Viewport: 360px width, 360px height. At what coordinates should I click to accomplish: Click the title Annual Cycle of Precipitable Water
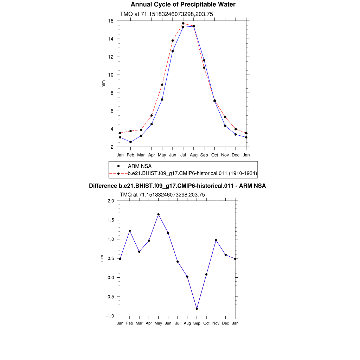click(x=183, y=5)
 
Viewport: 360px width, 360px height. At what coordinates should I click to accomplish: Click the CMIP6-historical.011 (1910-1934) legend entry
click(x=192, y=173)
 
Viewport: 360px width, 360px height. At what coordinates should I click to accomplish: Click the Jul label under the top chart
click(x=183, y=155)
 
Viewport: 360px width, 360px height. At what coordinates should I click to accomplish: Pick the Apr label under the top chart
click(x=152, y=155)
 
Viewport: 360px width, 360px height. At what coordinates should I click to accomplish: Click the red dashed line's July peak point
click(x=183, y=24)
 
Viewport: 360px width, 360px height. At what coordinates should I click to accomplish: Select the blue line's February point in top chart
click(x=130, y=142)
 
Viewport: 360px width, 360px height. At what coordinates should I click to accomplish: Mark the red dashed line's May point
click(x=162, y=84)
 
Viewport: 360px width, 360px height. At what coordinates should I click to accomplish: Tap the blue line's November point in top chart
click(x=225, y=126)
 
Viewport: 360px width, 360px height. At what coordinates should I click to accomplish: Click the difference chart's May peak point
click(x=159, y=214)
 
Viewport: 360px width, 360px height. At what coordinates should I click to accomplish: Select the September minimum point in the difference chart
click(x=197, y=309)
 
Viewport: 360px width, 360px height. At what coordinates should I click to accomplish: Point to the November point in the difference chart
click(x=216, y=240)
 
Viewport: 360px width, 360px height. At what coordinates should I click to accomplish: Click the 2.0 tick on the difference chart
click(x=111, y=201)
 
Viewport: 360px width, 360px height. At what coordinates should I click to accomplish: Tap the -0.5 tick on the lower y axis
click(x=110, y=297)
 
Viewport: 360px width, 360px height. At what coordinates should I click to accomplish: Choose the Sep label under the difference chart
click(x=197, y=323)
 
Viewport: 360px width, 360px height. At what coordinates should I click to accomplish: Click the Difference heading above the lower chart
click(x=177, y=186)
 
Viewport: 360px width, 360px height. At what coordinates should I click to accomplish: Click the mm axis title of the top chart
click(x=103, y=84)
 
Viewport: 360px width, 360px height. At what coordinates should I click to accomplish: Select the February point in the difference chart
click(x=130, y=231)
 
